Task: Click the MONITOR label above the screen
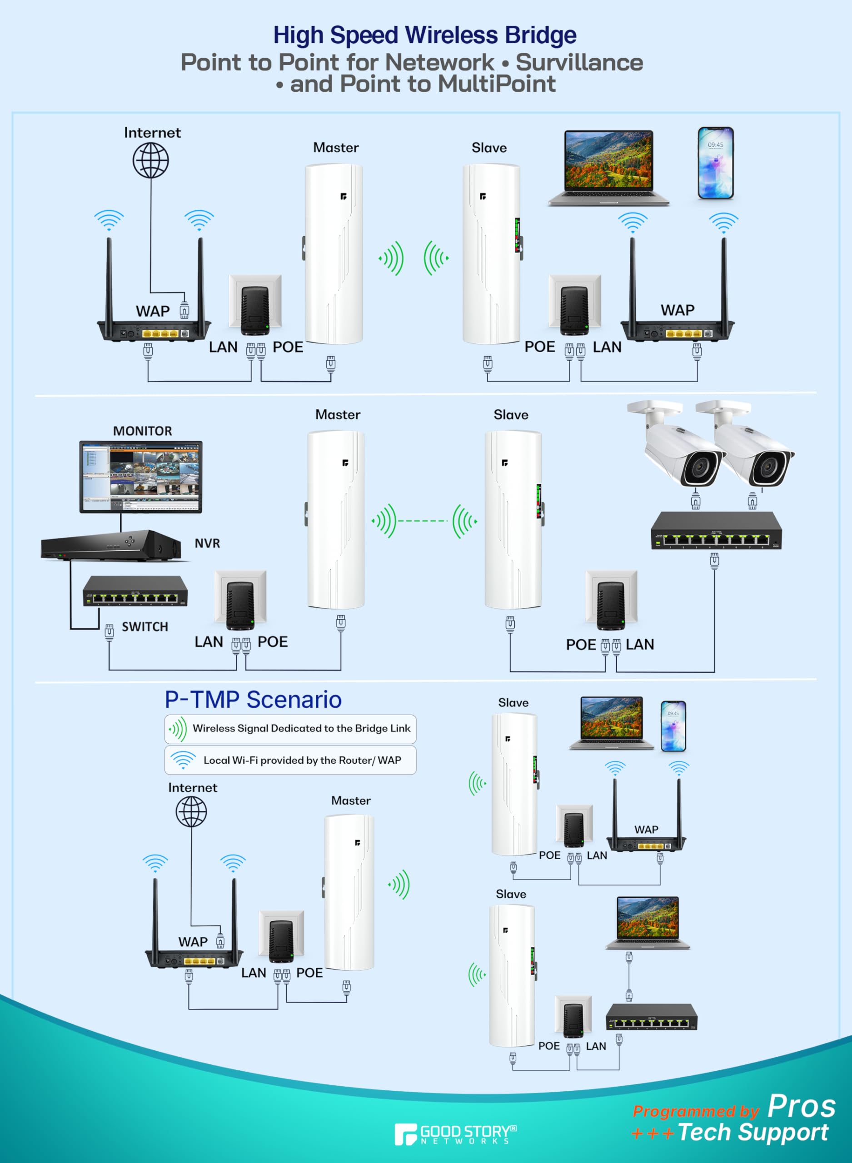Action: [142, 431]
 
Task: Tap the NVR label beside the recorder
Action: [207, 543]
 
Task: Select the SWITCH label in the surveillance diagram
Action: [144, 627]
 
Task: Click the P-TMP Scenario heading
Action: [253, 700]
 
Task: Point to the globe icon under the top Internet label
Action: [150, 160]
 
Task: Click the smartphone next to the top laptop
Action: [715, 163]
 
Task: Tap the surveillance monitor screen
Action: [141, 477]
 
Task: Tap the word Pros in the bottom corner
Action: [801, 1106]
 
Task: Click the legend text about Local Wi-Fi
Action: [302, 760]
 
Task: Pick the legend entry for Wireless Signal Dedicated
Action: [301, 728]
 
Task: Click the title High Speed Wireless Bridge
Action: [425, 35]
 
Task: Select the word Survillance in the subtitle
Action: [579, 62]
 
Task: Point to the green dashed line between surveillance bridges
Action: [424, 521]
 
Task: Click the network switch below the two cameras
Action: [716, 531]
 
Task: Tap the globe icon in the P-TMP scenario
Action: [191, 811]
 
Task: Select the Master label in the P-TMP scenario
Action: [351, 800]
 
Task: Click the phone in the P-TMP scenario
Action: [673, 726]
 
